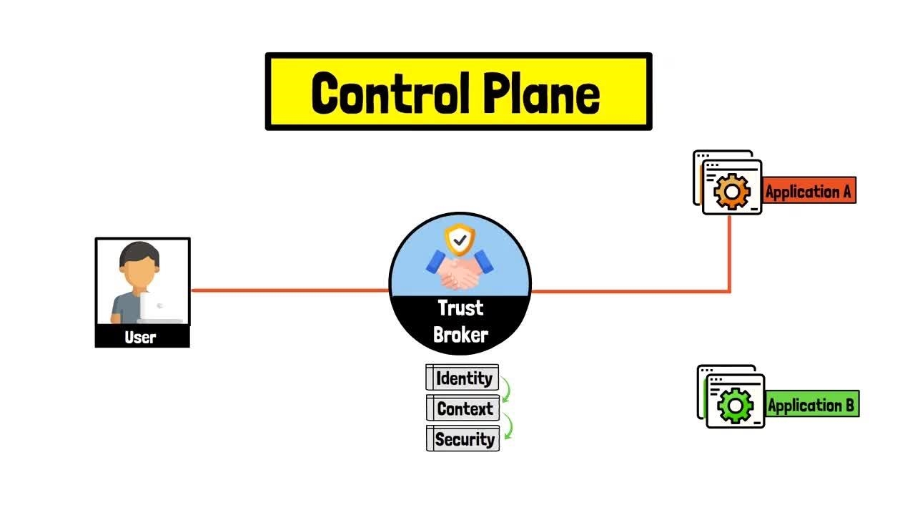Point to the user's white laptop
pyautogui.click(x=159, y=307)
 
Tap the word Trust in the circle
pyautogui.click(x=460, y=308)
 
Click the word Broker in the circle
pyautogui.click(x=460, y=334)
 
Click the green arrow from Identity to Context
pyautogui.click(x=506, y=392)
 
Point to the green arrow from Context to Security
pyautogui.click(x=508, y=425)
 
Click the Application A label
pyautogui.click(x=808, y=192)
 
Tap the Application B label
pyautogui.click(x=811, y=406)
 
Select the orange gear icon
pyautogui.click(x=732, y=191)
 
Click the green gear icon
pyautogui.click(x=735, y=406)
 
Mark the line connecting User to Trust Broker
pyautogui.click(x=290, y=290)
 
